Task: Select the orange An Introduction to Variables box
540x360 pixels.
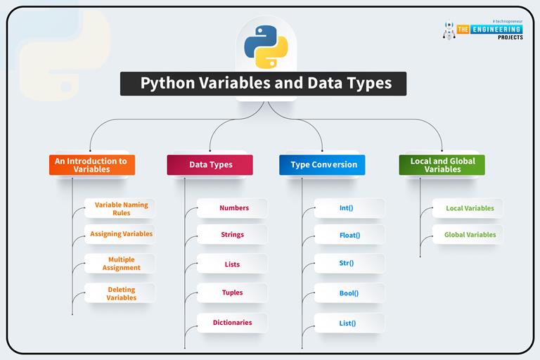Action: [x=91, y=165]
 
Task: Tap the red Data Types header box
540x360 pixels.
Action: [x=210, y=165]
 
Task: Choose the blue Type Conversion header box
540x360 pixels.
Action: [x=323, y=165]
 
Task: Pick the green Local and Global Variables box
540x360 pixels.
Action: [x=442, y=165]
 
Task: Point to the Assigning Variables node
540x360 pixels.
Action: [x=120, y=234]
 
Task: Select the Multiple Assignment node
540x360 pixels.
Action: [x=121, y=263]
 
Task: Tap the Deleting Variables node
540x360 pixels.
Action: [x=121, y=293]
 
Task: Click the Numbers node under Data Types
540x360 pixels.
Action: [x=233, y=208]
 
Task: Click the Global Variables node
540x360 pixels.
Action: [x=469, y=235]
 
